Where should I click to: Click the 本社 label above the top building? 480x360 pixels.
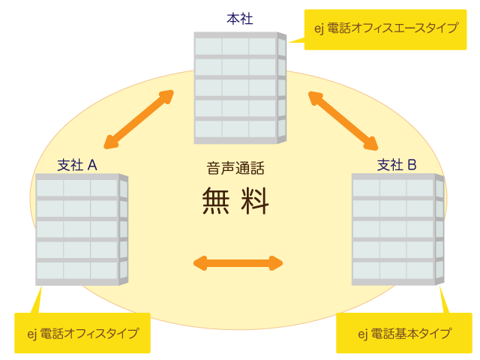coord(240,19)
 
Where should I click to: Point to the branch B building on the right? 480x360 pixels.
coord(394,229)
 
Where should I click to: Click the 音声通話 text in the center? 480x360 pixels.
coord(235,169)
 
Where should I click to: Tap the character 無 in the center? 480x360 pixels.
coord(217,201)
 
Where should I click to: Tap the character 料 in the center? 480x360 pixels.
coord(254,201)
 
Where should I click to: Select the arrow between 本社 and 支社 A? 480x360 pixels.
coord(139,119)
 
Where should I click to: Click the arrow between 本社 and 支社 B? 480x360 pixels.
coord(343,119)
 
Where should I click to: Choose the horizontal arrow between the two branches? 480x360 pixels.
coord(238,262)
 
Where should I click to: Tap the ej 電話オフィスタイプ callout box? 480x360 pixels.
coord(82,333)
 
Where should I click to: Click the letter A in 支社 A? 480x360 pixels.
coord(93,164)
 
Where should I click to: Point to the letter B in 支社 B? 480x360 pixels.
coord(412,164)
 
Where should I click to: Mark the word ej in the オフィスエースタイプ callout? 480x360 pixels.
coord(320,28)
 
